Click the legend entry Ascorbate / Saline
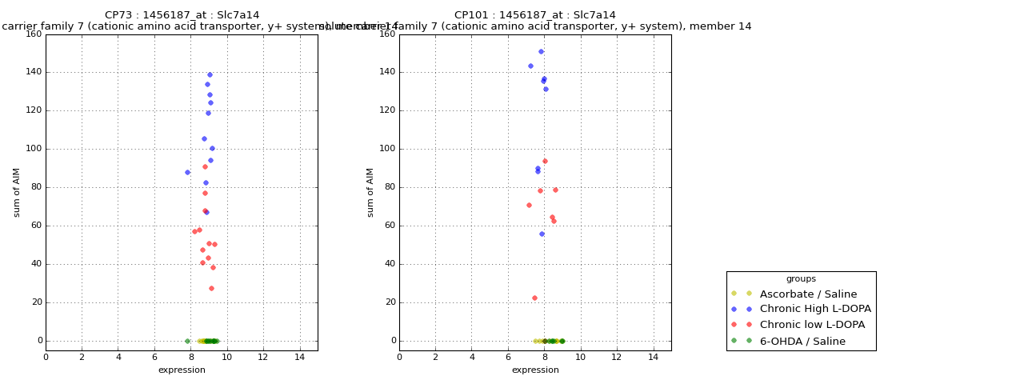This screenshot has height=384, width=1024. (x=808, y=294)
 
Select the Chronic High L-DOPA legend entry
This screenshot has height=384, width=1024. (x=815, y=310)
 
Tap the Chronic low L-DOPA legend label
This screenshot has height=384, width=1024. (x=812, y=326)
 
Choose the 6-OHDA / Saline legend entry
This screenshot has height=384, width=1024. (x=802, y=342)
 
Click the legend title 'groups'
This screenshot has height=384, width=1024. (x=801, y=279)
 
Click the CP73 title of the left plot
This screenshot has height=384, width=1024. (x=182, y=15)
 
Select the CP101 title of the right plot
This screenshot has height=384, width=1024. (x=535, y=15)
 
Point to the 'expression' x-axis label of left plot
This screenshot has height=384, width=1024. (x=182, y=370)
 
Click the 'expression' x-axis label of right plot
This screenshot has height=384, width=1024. (x=535, y=370)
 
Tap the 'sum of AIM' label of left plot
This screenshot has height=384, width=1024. (x=17, y=192)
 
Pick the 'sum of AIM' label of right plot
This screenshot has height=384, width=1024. (x=370, y=192)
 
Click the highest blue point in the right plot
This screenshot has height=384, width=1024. (x=541, y=52)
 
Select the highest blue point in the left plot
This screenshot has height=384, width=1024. (x=210, y=75)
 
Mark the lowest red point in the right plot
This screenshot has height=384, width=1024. (x=534, y=298)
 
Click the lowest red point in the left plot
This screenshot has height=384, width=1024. (x=211, y=289)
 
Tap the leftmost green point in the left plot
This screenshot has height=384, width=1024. (x=187, y=341)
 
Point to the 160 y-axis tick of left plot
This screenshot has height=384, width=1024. (x=33, y=34)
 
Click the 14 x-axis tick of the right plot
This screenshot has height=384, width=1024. (x=654, y=357)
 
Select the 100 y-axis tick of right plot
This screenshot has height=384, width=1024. (x=386, y=149)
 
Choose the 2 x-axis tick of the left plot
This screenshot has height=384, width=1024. (x=82, y=357)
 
